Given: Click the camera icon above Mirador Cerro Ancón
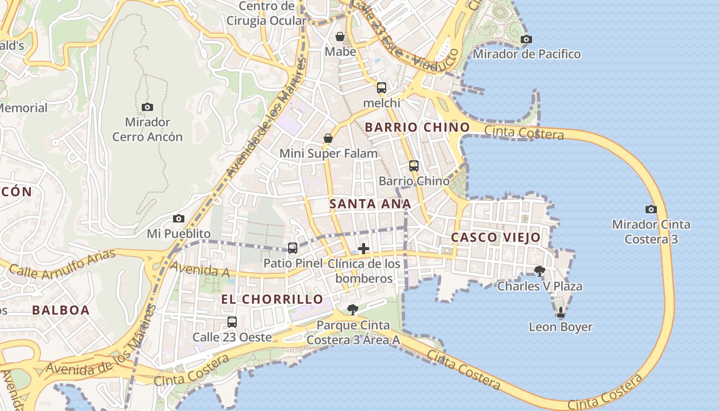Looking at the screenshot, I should (147, 107).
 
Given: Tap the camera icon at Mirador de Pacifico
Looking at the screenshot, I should (526, 39).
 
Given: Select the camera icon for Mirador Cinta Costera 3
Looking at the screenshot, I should (651, 209).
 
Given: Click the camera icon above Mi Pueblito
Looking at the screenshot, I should (178, 218).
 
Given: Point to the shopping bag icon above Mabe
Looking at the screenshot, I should (340, 36).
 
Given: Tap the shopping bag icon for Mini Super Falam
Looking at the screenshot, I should (328, 138).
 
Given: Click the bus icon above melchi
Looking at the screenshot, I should (381, 87).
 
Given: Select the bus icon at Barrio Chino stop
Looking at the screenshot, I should (414, 165).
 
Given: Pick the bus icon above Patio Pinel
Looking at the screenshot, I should (292, 248).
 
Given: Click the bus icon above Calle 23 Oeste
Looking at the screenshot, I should (232, 322).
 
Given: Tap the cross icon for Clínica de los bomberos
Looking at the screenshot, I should (364, 249).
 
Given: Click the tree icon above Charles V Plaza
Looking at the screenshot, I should (539, 271).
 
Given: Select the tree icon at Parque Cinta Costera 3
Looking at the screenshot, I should (352, 309).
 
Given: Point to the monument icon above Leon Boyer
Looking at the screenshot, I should (560, 312).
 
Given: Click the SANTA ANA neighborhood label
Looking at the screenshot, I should (370, 204).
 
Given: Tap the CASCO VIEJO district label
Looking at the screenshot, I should (496, 237).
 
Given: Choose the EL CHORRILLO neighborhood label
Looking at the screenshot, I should (272, 299).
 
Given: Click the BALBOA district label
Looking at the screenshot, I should (61, 310).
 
